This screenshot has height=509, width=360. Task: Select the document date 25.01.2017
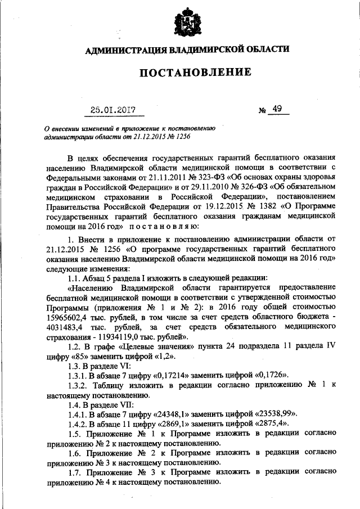pyautogui.click(x=115, y=109)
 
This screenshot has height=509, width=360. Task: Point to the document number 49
pyautogui.click(x=276, y=109)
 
